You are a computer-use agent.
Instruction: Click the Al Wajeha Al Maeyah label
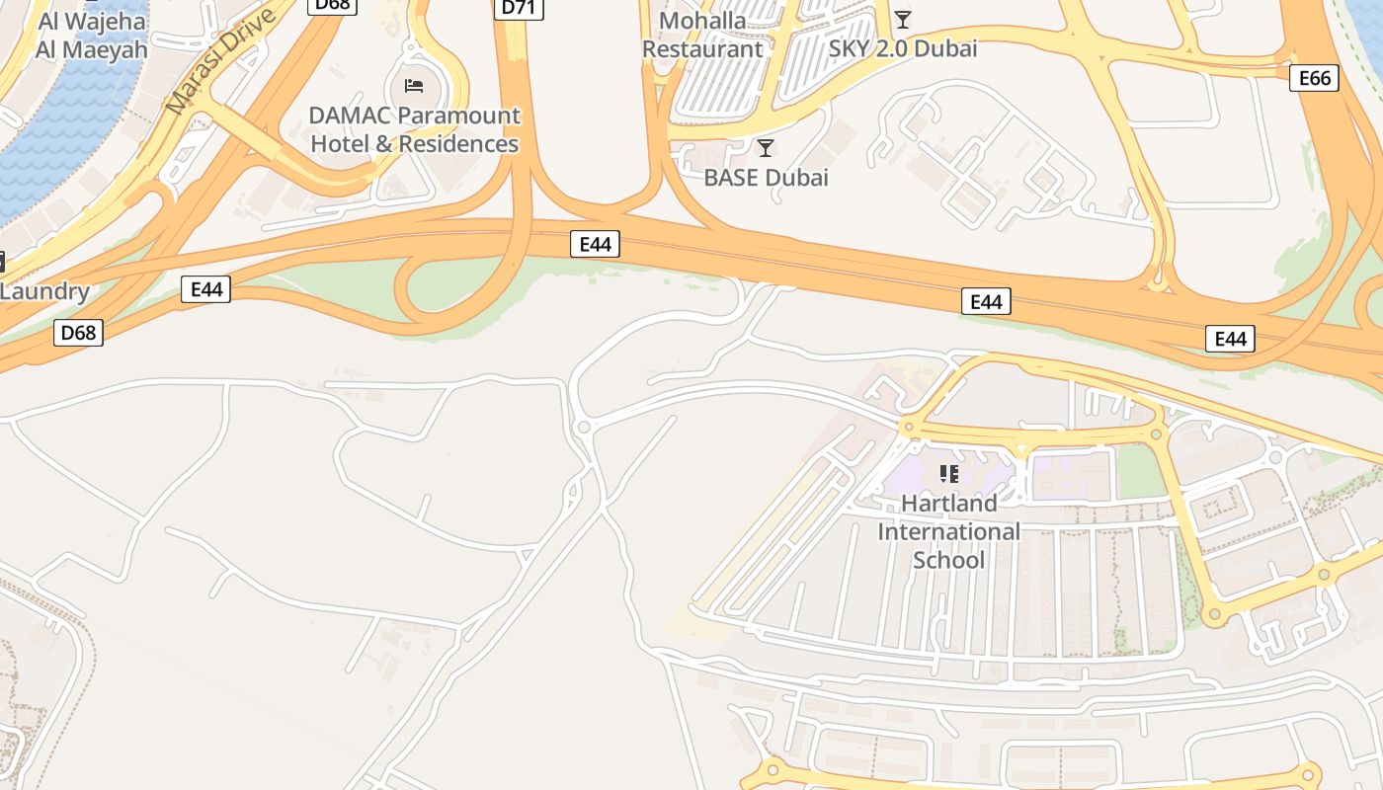point(92,35)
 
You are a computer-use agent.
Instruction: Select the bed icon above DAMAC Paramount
point(414,86)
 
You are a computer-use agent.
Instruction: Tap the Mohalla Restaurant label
point(702,35)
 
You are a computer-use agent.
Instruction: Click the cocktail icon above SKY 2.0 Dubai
point(902,20)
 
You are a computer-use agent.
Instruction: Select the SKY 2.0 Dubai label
point(902,48)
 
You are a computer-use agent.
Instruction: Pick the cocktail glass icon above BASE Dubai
point(765,148)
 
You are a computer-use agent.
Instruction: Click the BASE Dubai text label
point(766,178)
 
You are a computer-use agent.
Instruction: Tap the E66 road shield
point(1314,78)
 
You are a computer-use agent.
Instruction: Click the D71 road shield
point(519,8)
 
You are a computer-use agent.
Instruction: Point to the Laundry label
point(44,291)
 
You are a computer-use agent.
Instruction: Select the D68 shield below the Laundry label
point(78,333)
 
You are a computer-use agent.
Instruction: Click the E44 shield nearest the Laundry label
point(205,289)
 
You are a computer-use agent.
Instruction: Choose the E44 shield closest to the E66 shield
point(1230,340)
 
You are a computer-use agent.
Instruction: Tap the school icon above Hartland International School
point(949,474)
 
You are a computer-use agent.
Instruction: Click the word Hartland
point(948,503)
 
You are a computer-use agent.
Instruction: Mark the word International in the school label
point(948,531)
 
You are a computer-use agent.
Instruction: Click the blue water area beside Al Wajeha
point(49,128)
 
